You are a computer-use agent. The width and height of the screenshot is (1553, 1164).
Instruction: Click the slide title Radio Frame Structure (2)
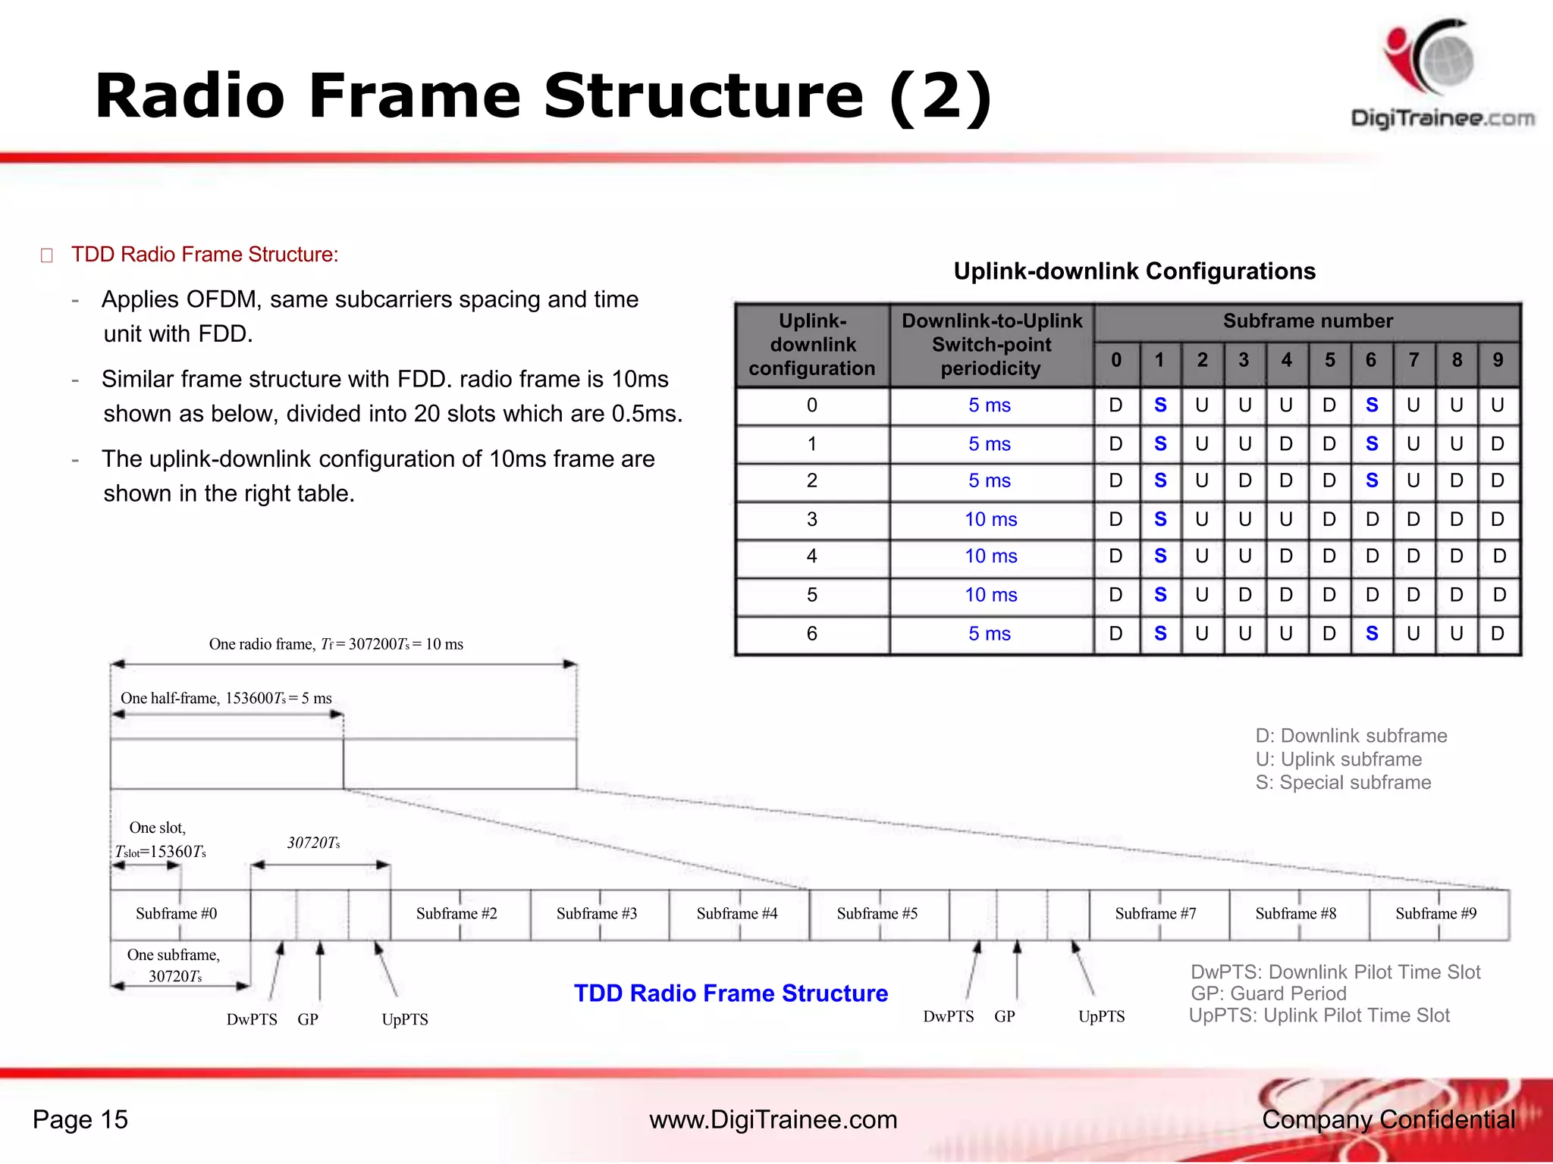[543, 96]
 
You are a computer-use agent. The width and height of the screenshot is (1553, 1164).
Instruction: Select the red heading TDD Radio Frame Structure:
[204, 255]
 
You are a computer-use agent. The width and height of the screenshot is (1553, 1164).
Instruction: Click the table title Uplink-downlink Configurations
[1134, 271]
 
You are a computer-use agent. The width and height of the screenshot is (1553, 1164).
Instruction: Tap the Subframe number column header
[1307, 321]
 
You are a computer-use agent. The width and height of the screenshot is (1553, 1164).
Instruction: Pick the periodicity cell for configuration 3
[990, 520]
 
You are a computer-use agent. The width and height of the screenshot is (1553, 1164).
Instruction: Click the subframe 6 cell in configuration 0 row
[1372, 405]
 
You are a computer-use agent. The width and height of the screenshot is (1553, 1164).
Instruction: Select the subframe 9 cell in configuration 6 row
[1497, 634]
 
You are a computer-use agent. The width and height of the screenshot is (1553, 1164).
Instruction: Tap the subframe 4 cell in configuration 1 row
[1286, 444]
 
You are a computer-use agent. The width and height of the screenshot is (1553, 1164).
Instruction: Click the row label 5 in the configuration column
[811, 595]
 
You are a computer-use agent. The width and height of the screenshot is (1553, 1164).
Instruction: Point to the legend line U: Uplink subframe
[1338, 759]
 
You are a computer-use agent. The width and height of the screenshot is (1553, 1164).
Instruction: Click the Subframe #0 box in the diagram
[177, 914]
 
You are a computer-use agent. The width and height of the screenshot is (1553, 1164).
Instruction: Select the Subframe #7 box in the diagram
[1155, 914]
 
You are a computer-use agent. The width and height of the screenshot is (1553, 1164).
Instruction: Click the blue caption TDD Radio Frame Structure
[730, 993]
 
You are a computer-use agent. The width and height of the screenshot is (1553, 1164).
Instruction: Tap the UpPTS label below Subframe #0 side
[404, 1020]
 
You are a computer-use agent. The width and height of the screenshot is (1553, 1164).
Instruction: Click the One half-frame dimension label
[226, 699]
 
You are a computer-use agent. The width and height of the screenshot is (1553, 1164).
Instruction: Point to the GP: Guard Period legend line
[1268, 993]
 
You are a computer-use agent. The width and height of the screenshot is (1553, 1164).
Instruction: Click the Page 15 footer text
[80, 1120]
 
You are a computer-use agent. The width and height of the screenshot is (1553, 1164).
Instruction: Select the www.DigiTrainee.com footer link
[773, 1120]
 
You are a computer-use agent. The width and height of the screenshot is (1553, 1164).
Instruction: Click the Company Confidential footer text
[1388, 1120]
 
